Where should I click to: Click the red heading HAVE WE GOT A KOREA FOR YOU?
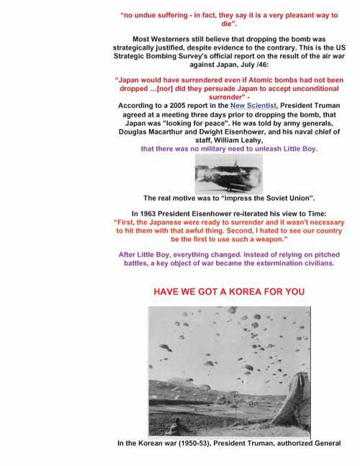point(228,292)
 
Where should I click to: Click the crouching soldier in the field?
point(170,429)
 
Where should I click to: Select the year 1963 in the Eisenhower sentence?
point(147,213)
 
